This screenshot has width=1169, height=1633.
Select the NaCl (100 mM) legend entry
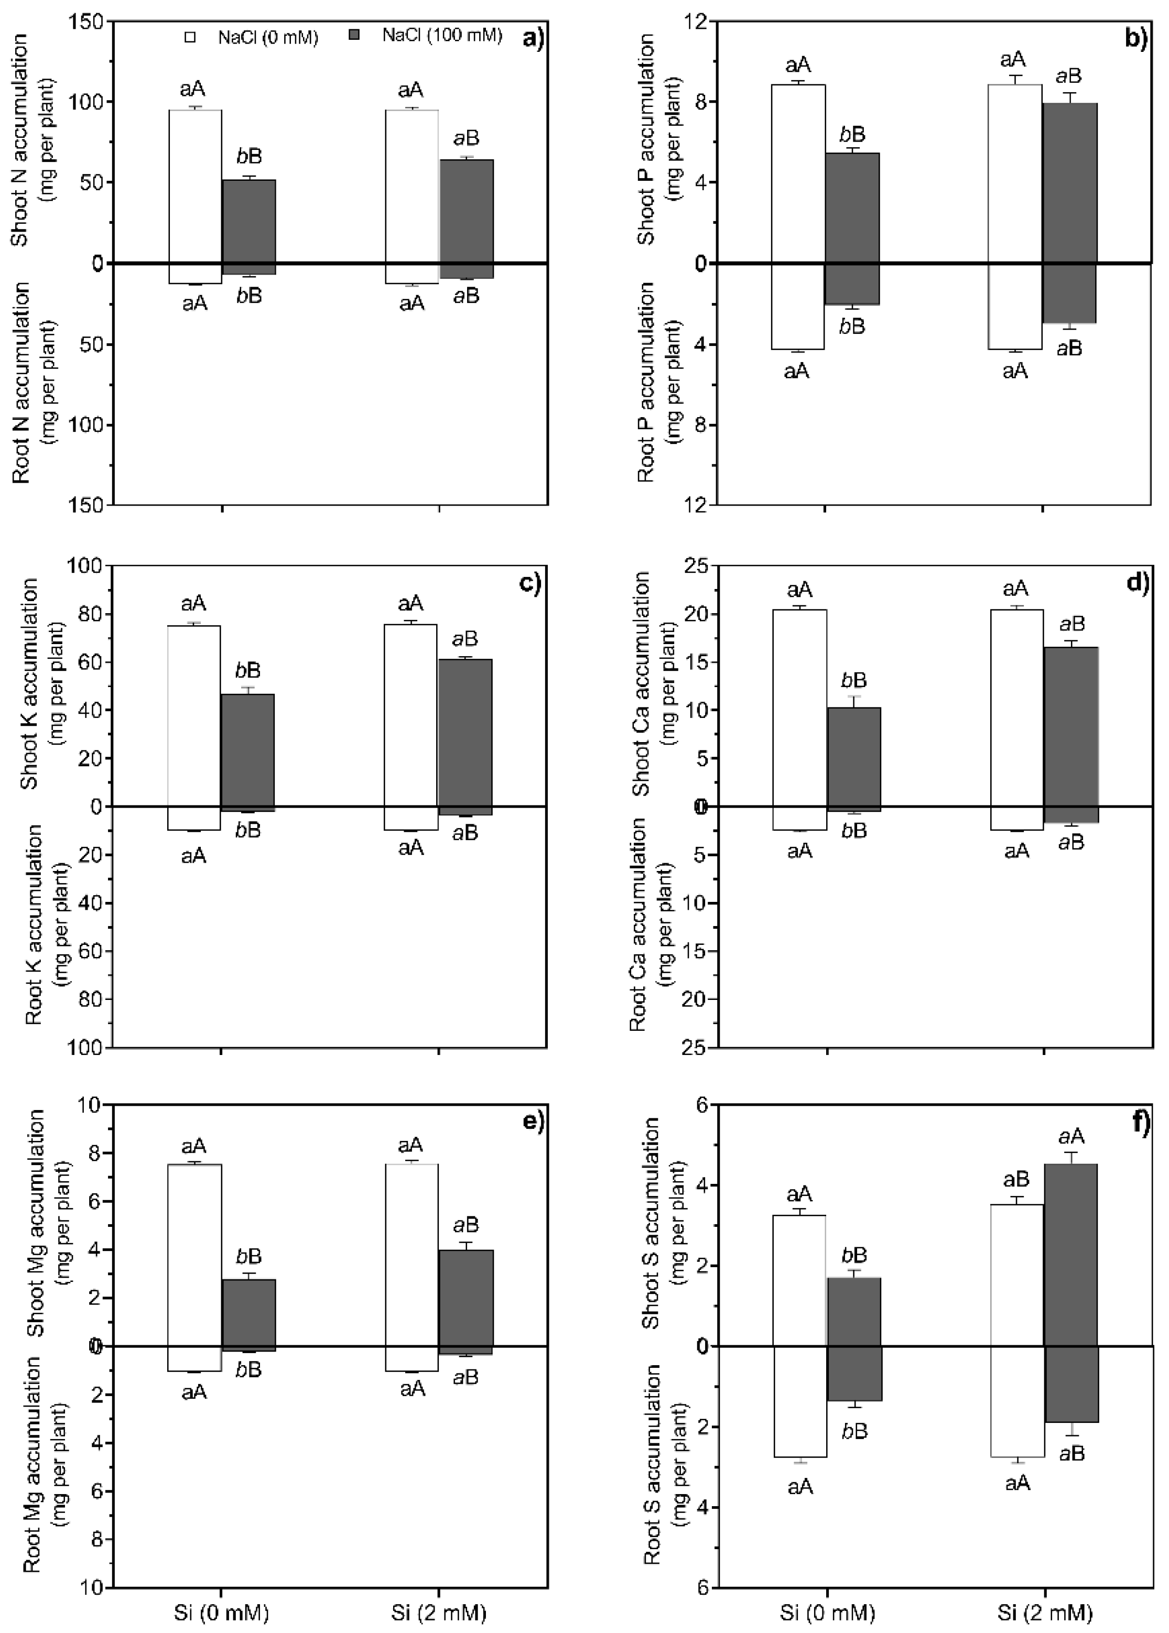point(431,35)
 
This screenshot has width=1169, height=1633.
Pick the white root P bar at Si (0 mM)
point(797,306)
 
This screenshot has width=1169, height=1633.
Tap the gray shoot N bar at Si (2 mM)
point(467,212)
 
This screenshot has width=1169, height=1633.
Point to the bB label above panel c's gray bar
point(248,670)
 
